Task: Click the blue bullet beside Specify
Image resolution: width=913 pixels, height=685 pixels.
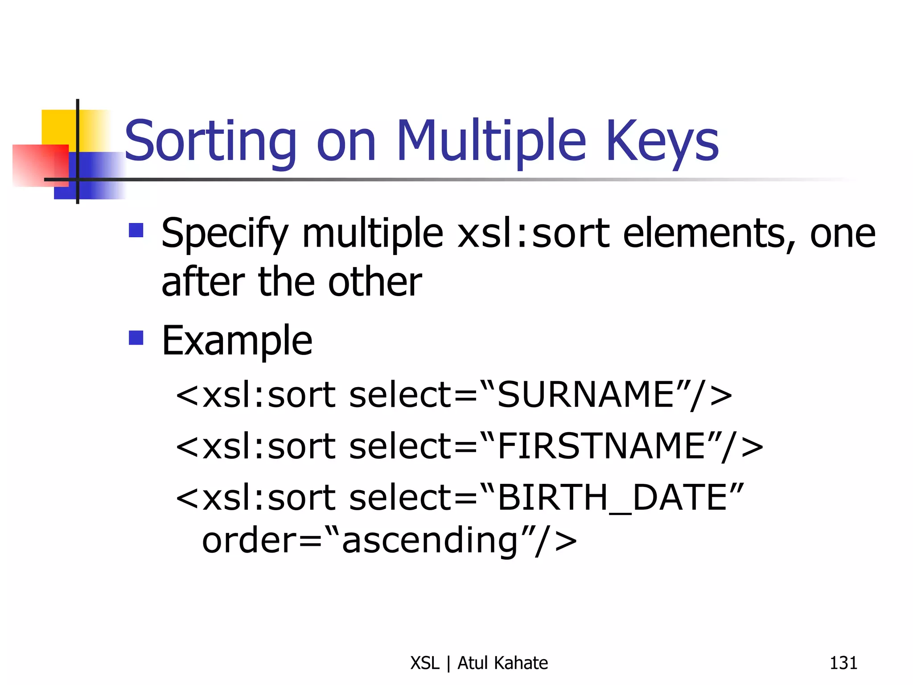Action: [x=136, y=230]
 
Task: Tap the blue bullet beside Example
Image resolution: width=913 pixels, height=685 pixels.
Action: [x=136, y=338]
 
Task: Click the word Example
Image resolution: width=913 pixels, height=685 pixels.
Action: [x=237, y=341]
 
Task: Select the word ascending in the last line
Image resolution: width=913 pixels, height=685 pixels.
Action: [x=430, y=541]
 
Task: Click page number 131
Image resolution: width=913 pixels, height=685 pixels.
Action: [x=843, y=663]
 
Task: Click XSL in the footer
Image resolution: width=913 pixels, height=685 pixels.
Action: [x=425, y=663]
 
